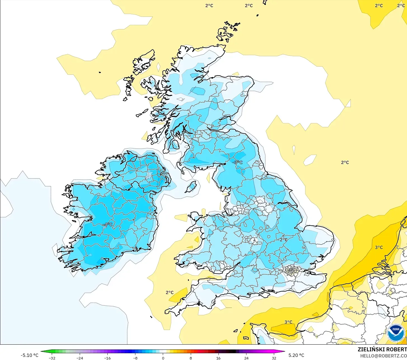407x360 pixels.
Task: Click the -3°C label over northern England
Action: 238,163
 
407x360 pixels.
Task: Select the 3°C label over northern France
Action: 288,322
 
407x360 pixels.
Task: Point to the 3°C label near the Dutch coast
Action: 379,247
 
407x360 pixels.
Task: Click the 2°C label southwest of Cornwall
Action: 170,293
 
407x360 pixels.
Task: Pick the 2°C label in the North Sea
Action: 345,163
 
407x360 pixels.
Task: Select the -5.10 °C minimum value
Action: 29,355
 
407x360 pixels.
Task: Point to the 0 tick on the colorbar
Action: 163,358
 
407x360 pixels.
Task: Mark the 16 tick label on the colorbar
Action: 218,358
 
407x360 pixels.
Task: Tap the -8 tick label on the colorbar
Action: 135,358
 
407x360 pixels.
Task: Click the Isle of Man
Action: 192,186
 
